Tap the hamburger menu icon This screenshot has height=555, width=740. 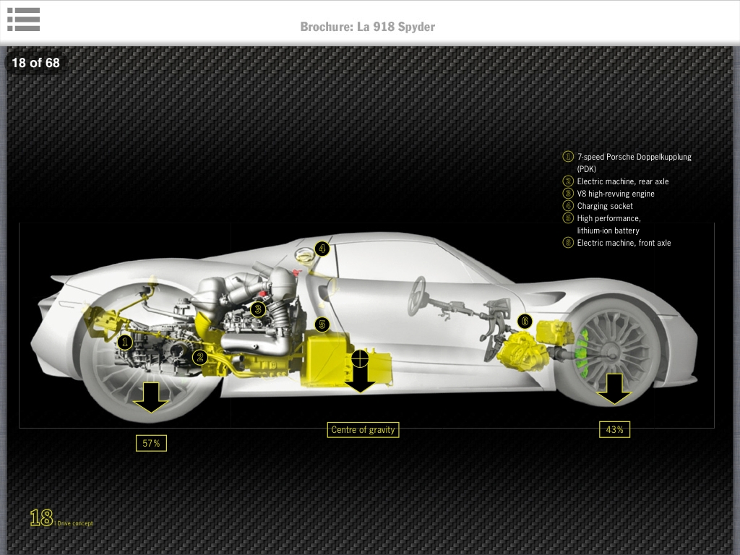coord(24,20)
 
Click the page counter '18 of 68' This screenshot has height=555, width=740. coord(35,63)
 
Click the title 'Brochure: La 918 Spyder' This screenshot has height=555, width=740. coord(368,27)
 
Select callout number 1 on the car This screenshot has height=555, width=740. coord(125,342)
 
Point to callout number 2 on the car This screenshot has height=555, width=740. coord(200,356)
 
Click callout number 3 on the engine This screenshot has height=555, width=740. coord(257,309)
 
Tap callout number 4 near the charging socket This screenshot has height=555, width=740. coord(322,249)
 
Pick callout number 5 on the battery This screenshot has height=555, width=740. coord(322,325)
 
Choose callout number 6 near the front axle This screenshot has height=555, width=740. coord(525,321)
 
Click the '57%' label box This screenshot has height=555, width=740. coord(151,443)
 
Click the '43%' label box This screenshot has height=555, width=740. coord(614,429)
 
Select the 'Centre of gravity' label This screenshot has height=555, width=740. coord(363,429)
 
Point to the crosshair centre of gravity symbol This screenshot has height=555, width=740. coord(360,358)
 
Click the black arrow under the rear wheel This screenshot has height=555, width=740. coord(151,397)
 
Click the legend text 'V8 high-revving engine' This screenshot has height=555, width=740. coord(616,194)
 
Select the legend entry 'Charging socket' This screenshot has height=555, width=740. coord(605,206)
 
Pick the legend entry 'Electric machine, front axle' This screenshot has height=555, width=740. coord(624,243)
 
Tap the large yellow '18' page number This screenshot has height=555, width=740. coord(40,517)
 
